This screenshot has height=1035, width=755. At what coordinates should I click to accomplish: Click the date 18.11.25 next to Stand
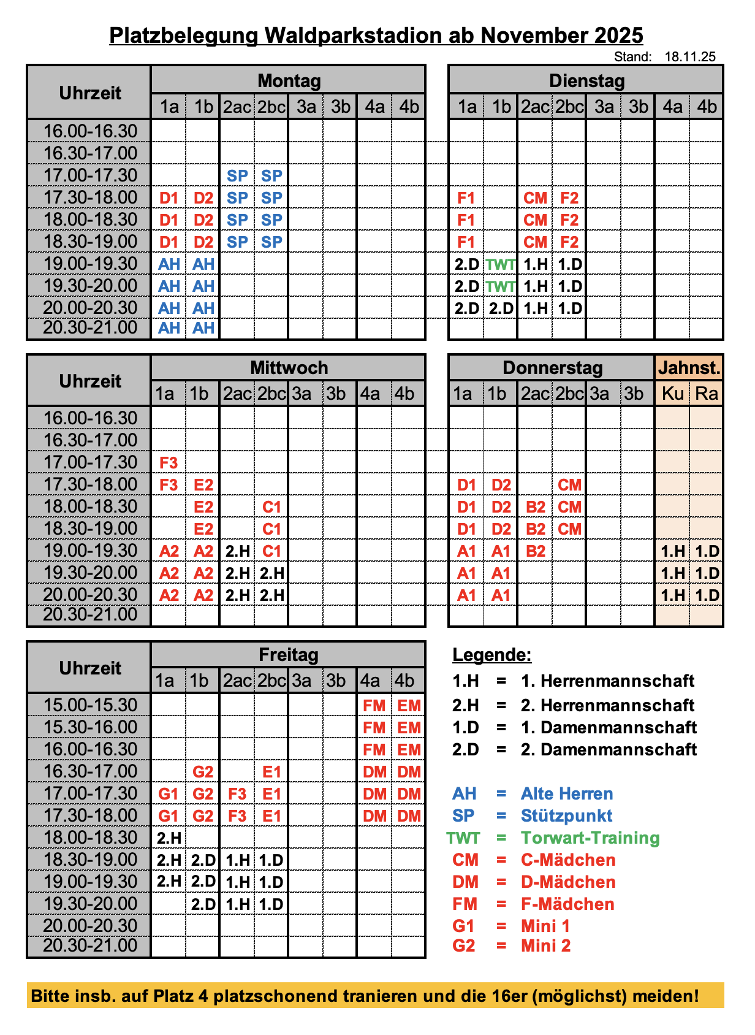(690, 57)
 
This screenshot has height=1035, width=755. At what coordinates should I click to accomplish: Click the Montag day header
(289, 80)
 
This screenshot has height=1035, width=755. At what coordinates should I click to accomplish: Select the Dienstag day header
(586, 80)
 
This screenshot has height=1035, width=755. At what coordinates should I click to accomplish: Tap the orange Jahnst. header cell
(689, 368)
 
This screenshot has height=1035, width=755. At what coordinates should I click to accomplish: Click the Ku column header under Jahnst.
(672, 393)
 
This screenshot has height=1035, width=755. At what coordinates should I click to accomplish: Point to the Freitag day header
(288, 655)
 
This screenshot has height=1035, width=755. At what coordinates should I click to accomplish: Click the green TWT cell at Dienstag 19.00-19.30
(501, 264)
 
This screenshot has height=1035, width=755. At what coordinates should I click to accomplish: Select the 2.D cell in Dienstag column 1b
(501, 308)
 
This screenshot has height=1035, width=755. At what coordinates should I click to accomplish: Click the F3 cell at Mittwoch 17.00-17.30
(169, 463)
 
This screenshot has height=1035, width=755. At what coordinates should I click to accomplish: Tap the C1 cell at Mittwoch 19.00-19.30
(271, 551)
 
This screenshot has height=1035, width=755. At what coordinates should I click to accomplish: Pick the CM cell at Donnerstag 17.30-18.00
(569, 485)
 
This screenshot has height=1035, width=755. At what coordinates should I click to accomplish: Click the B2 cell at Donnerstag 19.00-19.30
(535, 551)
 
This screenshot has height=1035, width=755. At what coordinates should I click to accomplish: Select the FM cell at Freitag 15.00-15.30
(374, 706)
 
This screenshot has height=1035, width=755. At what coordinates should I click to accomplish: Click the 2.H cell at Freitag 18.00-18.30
(169, 838)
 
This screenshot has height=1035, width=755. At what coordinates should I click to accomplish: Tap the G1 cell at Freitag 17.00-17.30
(169, 794)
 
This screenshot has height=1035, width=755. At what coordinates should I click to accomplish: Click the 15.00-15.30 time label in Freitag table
(90, 705)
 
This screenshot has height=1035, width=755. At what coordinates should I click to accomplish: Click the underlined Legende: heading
(491, 655)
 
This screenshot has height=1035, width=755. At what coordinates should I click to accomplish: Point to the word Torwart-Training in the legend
(590, 838)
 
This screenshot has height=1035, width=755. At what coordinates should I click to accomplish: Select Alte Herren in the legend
(567, 794)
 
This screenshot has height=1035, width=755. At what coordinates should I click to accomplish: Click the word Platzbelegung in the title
(184, 35)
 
